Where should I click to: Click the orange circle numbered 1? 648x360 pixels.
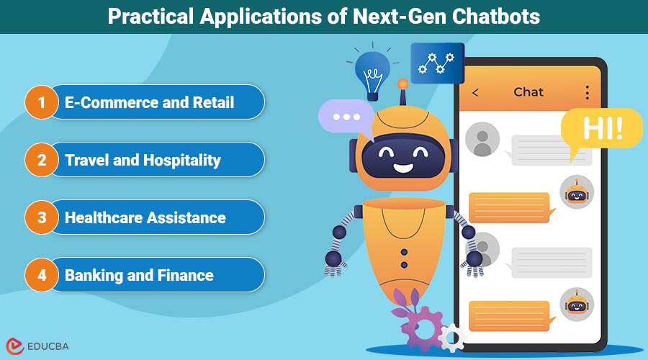click(42, 102)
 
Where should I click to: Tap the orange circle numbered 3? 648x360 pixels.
click(42, 217)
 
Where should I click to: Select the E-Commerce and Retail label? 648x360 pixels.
click(149, 102)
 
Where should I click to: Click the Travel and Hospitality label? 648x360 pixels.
click(143, 160)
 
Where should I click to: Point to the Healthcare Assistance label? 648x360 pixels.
click(145, 217)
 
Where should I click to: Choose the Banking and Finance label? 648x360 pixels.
click(139, 275)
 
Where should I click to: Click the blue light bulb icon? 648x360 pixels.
click(372, 71)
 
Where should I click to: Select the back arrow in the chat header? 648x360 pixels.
click(475, 92)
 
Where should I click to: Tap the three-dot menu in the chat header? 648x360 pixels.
click(587, 92)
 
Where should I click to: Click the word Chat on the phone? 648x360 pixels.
click(528, 92)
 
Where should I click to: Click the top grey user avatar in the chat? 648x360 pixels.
click(482, 139)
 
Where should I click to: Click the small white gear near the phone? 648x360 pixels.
click(452, 336)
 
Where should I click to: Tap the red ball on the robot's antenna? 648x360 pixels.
click(402, 84)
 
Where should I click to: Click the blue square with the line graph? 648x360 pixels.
click(437, 63)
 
